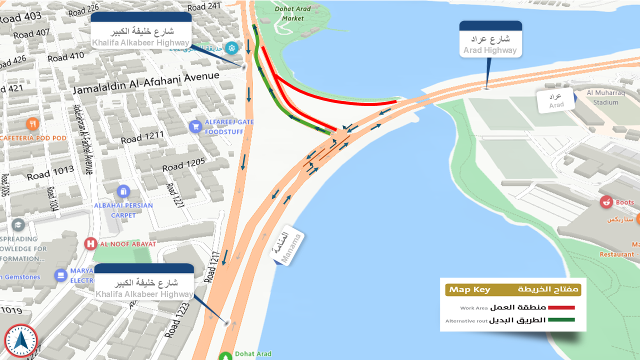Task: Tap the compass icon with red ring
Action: pyautogui.click(x=20, y=341)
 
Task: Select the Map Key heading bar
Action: pyautogui.click(x=513, y=290)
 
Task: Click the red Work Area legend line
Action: pyautogui.click(x=561, y=307)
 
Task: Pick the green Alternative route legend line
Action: pyautogui.click(x=561, y=320)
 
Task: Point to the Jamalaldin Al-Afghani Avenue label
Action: pyautogui.click(x=146, y=83)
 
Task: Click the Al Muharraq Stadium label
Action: pyautogui.click(x=602, y=97)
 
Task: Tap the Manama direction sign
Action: pyautogui.click(x=286, y=247)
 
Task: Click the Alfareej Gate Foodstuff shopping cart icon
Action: pyautogui.click(x=195, y=126)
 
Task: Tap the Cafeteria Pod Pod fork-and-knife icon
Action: pyautogui.click(x=33, y=123)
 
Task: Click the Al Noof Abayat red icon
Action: pyautogui.click(x=90, y=243)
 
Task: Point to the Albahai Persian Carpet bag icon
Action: pyautogui.click(x=123, y=191)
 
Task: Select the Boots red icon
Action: pyautogui.click(x=606, y=202)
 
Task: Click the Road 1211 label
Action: pyautogui.click(x=142, y=137)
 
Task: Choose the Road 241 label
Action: pyautogui.click(x=204, y=6)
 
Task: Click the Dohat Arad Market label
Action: pyautogui.click(x=292, y=13)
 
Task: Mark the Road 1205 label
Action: pyautogui.click(x=183, y=164)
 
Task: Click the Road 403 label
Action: pyautogui.click(x=20, y=17)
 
